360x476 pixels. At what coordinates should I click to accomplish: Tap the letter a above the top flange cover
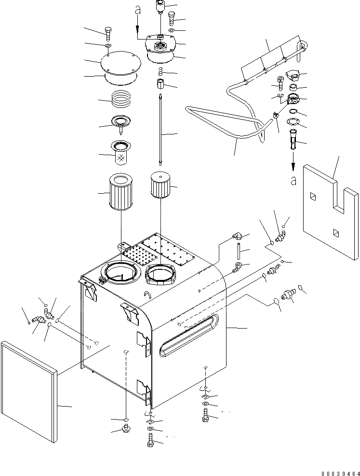(x=138, y=9)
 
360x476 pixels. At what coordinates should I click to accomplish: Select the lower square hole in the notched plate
(x=335, y=233)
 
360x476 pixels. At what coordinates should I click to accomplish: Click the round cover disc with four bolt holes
(x=119, y=65)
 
